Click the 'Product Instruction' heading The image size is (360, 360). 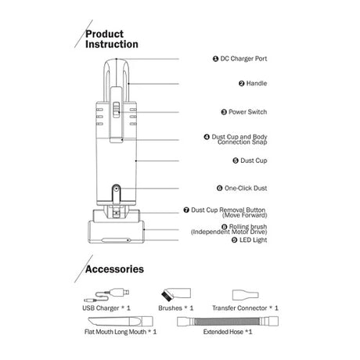click(x=112, y=39)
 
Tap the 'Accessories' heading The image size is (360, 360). click(x=114, y=269)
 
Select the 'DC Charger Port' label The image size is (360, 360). click(x=243, y=59)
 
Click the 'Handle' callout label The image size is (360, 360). click(x=257, y=84)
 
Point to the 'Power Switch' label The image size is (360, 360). click(x=247, y=112)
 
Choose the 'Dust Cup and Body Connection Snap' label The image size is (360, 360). click(x=239, y=139)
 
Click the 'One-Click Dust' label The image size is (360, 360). click(x=246, y=188)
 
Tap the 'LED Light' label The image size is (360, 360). click(x=253, y=240)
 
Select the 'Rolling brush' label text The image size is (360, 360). click(x=248, y=226)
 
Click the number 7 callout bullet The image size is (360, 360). click(x=186, y=210)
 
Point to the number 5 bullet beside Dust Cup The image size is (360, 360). click(x=236, y=160)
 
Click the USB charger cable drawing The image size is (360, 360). click(x=106, y=295)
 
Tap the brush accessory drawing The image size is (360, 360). click(x=176, y=294)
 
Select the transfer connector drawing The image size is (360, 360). click(x=245, y=295)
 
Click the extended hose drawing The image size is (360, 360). click(x=228, y=322)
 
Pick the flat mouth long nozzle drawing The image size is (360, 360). click(x=121, y=321)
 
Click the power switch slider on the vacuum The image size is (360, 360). click(x=116, y=110)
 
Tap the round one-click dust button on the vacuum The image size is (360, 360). click(x=116, y=188)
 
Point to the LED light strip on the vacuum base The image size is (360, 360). click(x=116, y=240)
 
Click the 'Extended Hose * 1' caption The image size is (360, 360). click(x=228, y=332)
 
